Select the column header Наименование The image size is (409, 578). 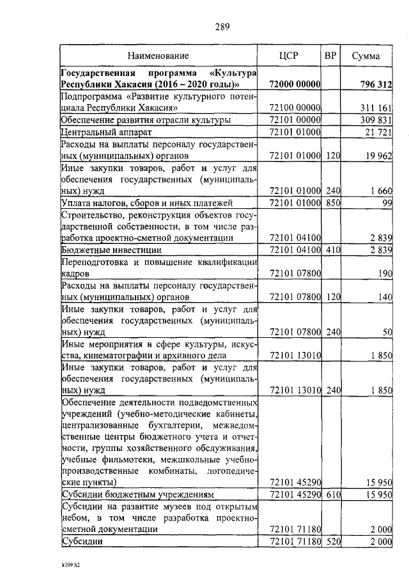157,56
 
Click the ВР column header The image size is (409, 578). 330,56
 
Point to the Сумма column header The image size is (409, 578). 366,56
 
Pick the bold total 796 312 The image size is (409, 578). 375,84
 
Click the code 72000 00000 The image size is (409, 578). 295,84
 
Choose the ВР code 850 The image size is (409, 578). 331,203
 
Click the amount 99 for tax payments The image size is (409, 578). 386,203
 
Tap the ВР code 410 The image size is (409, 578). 331,250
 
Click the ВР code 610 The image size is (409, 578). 331,495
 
